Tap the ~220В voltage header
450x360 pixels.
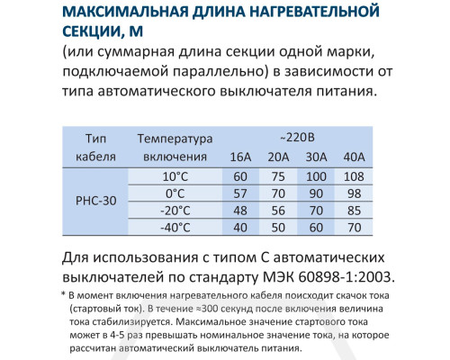tap(295, 139)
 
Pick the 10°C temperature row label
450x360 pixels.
tap(176, 175)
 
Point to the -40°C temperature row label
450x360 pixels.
tap(175, 227)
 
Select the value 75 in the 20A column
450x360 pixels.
tap(279, 175)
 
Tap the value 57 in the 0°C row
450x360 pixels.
tap(240, 193)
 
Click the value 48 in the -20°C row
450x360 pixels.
tap(240, 210)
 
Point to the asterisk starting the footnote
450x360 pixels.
tap(63, 294)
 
